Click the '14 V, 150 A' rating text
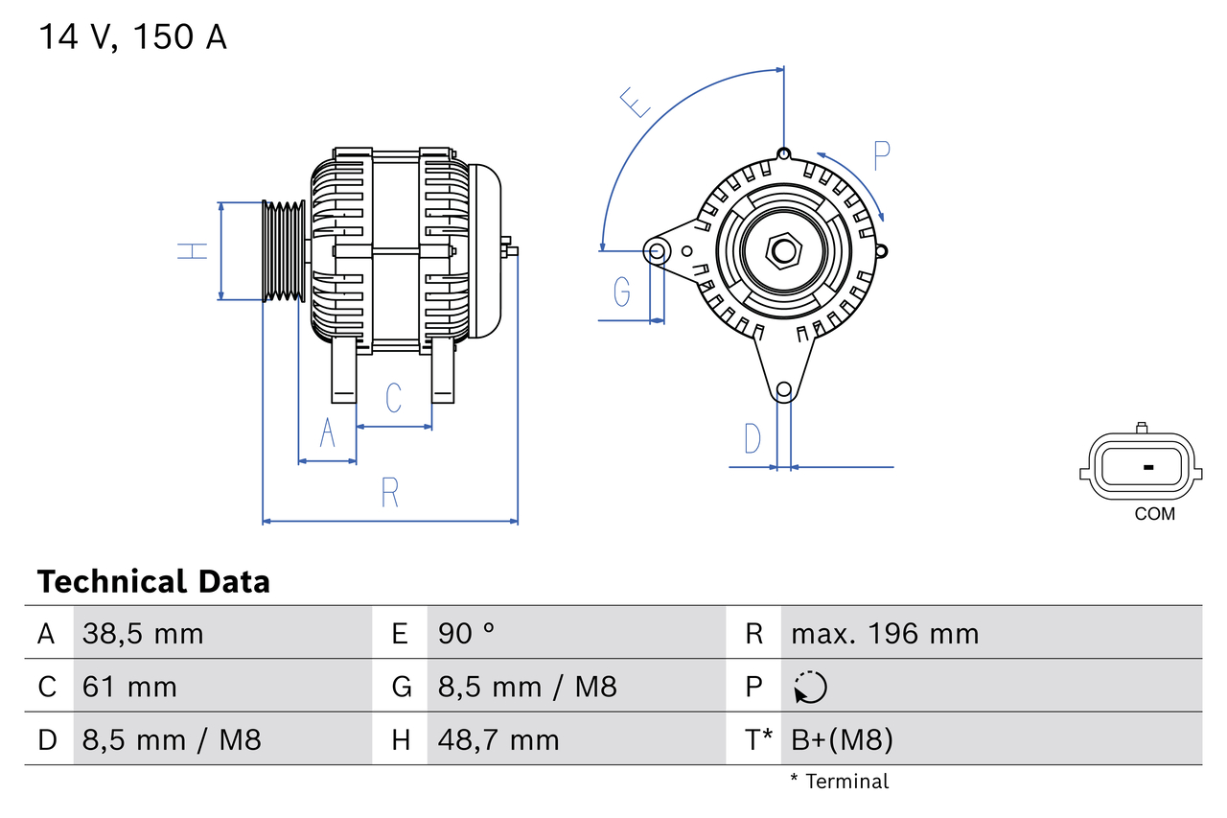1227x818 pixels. coord(132,37)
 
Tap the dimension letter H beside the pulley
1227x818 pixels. coord(193,251)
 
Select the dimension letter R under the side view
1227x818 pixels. coord(389,492)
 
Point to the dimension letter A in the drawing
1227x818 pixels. coord(328,433)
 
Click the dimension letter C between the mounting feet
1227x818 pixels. coord(393,397)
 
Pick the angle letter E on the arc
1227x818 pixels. coord(636,102)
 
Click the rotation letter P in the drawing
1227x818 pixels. coord(882,154)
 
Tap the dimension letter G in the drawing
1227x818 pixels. coord(622,292)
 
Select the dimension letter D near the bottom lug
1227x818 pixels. coord(752,438)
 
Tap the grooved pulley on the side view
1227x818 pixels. coord(284,251)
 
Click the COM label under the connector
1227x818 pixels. coord(1154,514)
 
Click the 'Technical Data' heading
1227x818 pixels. coord(153,581)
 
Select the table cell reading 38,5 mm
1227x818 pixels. coord(143,634)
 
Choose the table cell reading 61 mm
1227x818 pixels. coord(129,687)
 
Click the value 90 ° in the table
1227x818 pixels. coord(466,634)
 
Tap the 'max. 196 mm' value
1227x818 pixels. coord(884,634)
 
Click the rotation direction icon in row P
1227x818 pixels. coord(810,687)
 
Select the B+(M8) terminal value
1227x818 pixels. coord(842,739)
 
